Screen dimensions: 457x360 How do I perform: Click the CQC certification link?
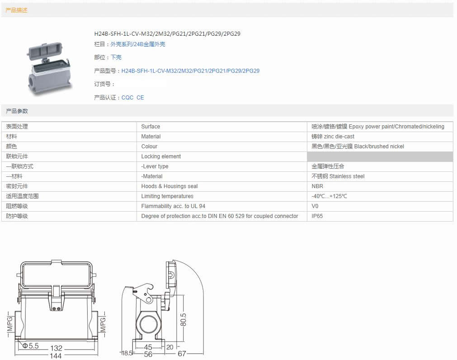[127, 97]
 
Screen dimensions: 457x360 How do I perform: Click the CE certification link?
[140, 97]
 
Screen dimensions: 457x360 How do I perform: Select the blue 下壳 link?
[116, 57]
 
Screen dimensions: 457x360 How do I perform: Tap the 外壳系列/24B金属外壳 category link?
[138, 44]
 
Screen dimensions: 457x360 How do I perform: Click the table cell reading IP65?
[317, 216]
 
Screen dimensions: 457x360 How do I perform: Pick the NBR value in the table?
[317, 186]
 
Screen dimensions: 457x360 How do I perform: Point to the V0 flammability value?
[315, 206]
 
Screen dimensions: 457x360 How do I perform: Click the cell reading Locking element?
[161, 156]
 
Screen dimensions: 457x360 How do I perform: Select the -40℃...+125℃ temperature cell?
[330, 196]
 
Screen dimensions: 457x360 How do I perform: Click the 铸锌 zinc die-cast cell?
[333, 137]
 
